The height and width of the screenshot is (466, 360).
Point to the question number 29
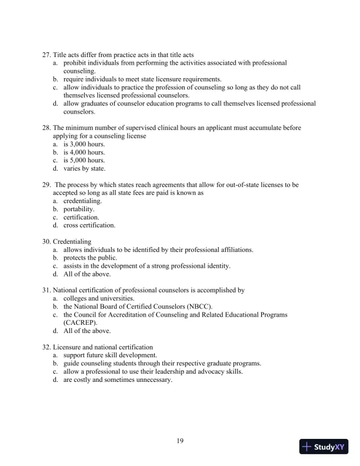[x=46, y=185]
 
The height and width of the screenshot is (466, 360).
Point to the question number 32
[x=46, y=347]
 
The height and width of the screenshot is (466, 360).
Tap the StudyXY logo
[x=324, y=447]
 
